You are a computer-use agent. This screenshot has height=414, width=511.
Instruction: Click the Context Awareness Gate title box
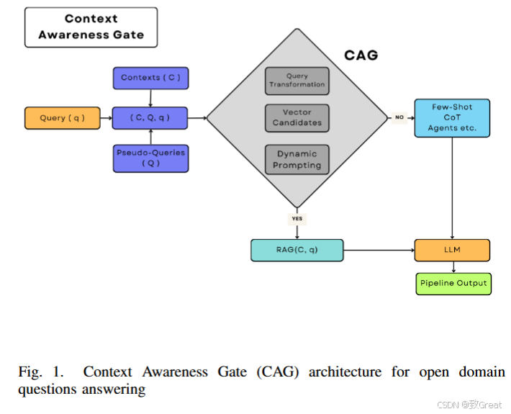(x=91, y=27)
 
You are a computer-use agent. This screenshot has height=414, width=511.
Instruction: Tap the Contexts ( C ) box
(x=150, y=78)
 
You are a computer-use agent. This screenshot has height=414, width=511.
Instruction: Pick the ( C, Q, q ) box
(x=150, y=117)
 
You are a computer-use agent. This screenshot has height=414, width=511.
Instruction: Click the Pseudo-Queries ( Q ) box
(x=150, y=158)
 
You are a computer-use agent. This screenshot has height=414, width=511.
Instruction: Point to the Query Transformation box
(x=297, y=81)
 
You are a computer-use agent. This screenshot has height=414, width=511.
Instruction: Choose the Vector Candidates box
(x=297, y=118)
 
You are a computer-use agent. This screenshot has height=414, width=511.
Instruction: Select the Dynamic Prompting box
(x=297, y=159)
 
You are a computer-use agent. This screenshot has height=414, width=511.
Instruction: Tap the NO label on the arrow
(x=399, y=117)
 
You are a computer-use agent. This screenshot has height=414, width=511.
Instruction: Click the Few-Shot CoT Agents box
(x=452, y=117)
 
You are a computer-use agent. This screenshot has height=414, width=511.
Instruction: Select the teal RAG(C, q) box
(x=297, y=250)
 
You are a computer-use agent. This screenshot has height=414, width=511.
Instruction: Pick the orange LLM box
(x=452, y=250)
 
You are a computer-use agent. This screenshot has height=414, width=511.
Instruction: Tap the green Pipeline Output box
(x=452, y=283)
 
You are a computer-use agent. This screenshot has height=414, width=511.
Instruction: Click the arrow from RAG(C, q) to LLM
(x=378, y=250)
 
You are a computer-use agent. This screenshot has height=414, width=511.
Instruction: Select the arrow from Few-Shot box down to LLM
(x=452, y=187)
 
